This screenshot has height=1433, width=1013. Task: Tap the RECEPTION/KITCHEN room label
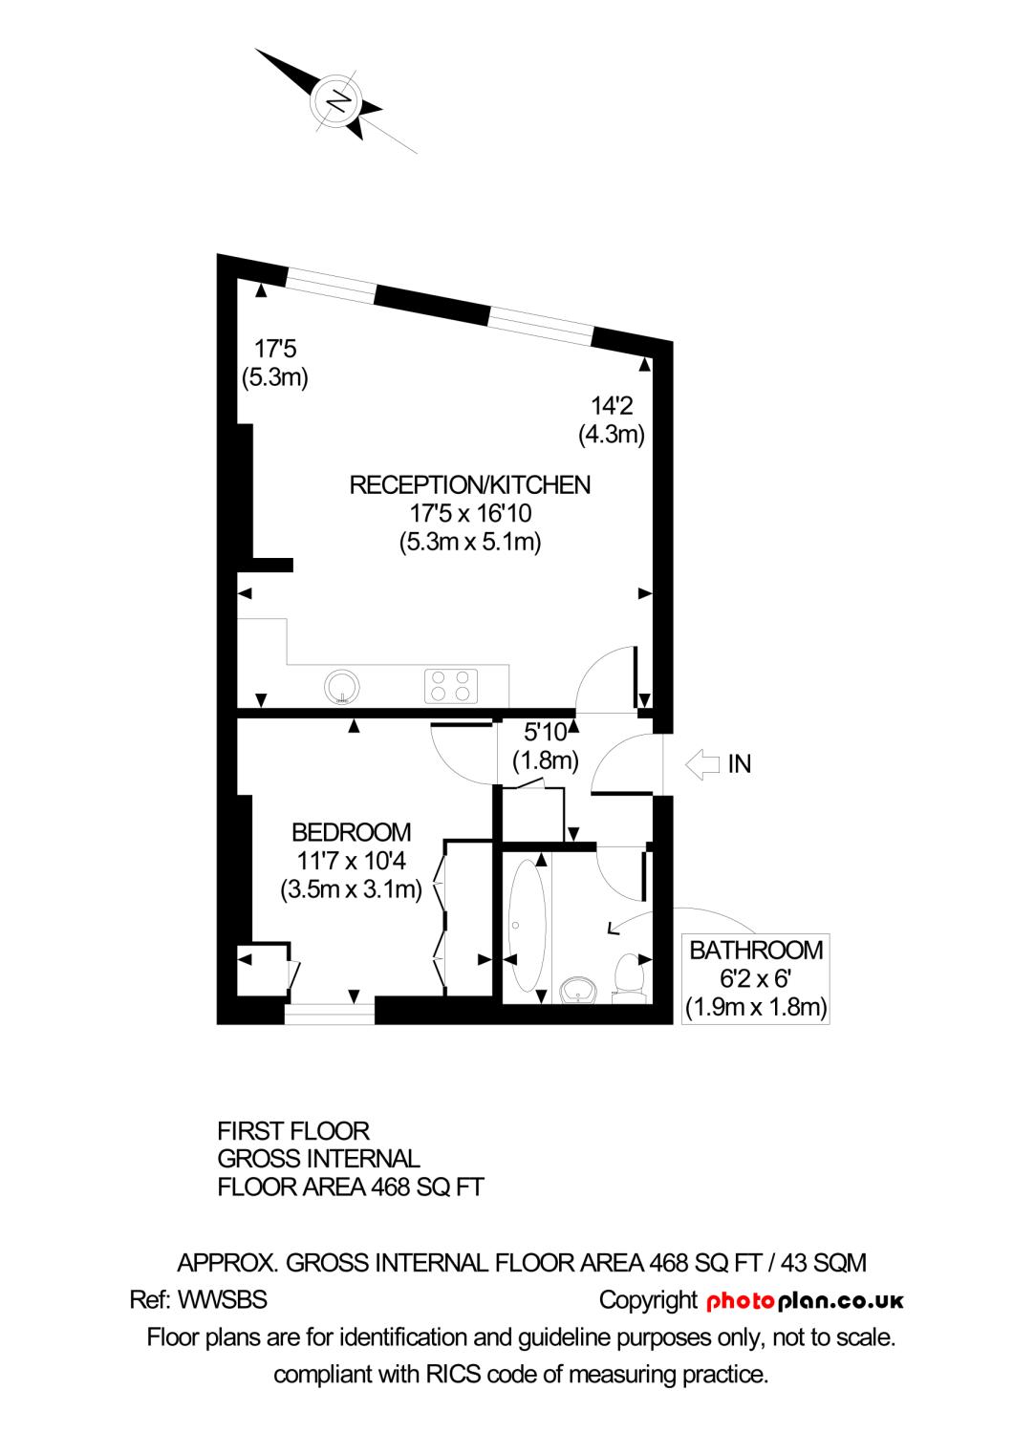[469, 485]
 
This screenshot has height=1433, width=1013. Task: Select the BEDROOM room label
[351, 832]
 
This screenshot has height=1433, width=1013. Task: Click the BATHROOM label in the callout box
[756, 950]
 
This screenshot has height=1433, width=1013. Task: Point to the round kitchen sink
[341, 685]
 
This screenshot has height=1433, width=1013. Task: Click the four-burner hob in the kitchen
[451, 685]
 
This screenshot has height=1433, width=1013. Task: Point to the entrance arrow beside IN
[702, 763]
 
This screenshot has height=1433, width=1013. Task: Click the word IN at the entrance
[740, 764]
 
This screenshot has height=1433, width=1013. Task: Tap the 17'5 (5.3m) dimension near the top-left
[275, 363]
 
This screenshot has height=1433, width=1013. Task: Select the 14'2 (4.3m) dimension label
[612, 420]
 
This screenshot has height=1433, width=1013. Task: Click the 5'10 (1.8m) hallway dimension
[546, 747]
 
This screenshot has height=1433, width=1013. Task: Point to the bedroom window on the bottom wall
[329, 1012]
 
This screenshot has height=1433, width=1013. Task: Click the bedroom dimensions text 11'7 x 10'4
[351, 861]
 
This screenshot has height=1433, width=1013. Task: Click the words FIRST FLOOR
[293, 1131]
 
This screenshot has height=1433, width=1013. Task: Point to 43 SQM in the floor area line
[824, 1263]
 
